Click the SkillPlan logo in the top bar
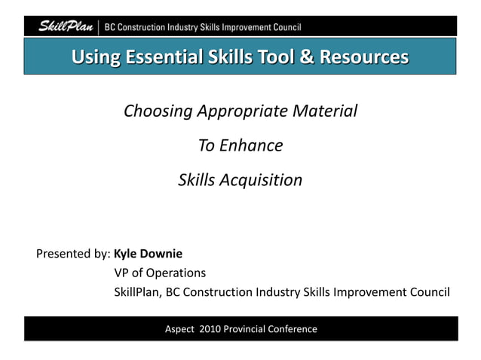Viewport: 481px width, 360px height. pyautogui.click(x=66, y=27)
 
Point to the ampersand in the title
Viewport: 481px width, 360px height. pyautogui.click(x=291, y=56)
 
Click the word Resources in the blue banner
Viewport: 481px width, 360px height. pyautogui.click(x=355, y=56)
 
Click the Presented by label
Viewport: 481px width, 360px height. pyautogui.click(x=73, y=254)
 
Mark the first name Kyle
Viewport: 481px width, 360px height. pyautogui.click(x=127, y=254)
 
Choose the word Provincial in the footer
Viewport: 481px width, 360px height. pyautogui.click(x=248, y=329)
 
